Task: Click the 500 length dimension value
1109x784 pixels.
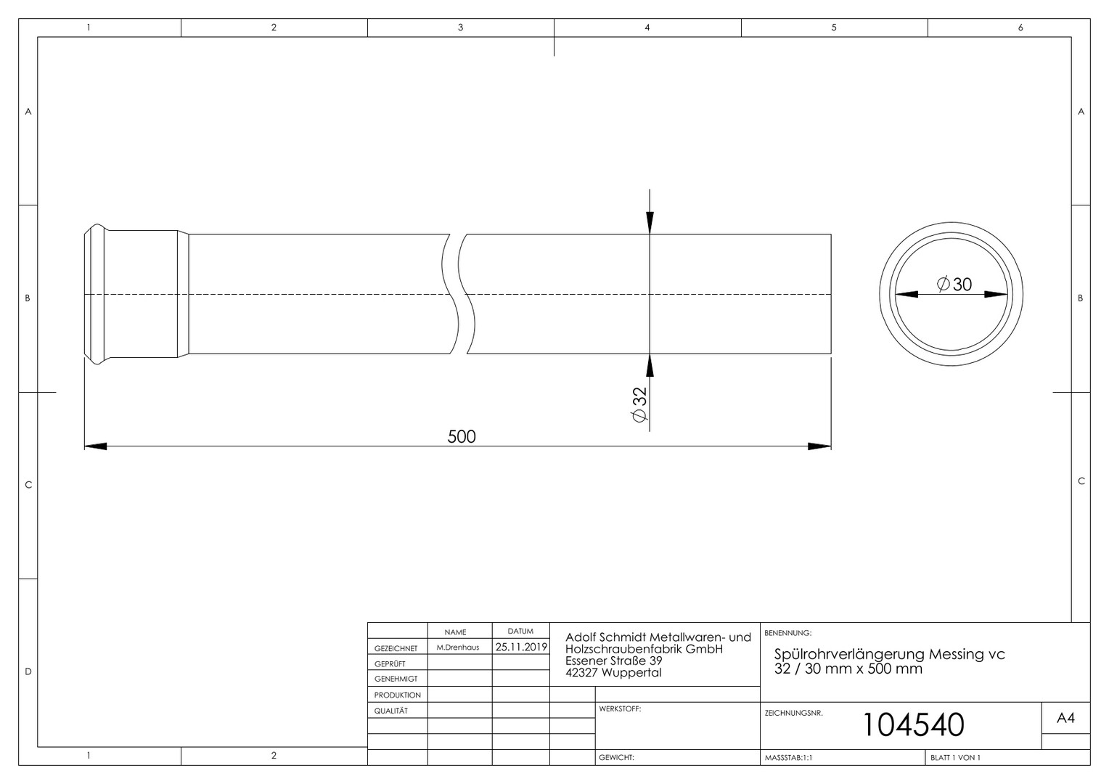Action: coord(462,436)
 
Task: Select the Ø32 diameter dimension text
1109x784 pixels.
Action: coord(639,404)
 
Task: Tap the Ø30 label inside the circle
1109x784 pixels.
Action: coord(954,285)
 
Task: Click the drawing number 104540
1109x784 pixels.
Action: coord(914,724)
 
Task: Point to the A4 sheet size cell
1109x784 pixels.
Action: coord(1065,718)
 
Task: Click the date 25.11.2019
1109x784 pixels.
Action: coord(521,647)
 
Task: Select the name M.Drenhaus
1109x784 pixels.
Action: coord(458,648)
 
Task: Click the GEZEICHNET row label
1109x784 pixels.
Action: coord(396,648)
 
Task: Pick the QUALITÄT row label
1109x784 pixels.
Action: coord(391,711)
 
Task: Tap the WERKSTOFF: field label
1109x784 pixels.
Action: coord(620,709)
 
